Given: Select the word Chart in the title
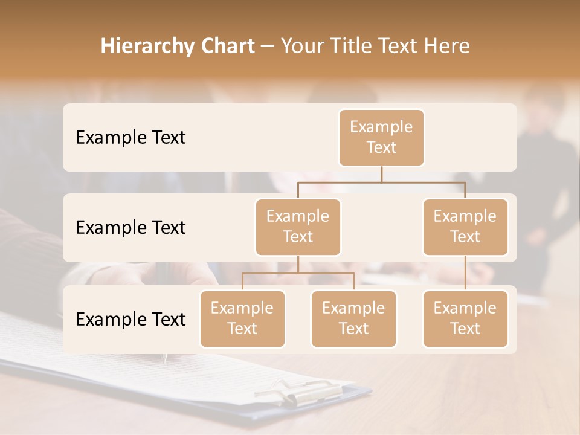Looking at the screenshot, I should (224, 47).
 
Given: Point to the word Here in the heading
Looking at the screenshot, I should (446, 47).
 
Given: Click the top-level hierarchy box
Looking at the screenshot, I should (381, 137).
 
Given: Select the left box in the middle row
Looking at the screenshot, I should (298, 227).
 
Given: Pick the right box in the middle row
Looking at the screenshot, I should (465, 227).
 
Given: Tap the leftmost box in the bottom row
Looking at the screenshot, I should (242, 318).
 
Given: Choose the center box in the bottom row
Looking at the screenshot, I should (353, 318).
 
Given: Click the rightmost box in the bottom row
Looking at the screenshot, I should (465, 318).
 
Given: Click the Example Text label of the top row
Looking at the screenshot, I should (130, 137).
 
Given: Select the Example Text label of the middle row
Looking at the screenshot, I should (130, 227).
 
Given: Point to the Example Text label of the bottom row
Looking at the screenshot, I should (130, 319).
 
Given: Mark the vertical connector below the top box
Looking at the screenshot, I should (381, 174).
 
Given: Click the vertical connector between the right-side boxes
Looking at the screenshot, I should (465, 272).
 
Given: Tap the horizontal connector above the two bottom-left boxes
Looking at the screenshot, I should (298, 273).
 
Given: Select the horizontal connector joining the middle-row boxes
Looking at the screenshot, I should (381, 181).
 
